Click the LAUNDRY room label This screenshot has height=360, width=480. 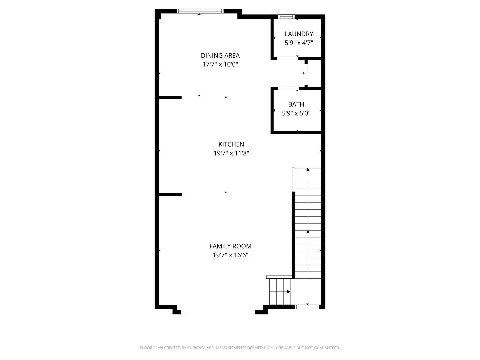click(299, 34)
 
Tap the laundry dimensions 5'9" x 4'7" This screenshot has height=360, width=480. click(299, 43)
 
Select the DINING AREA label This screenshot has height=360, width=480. click(220, 55)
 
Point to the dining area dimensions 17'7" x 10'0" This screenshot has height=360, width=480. click(220, 64)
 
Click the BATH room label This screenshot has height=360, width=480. click(296, 104)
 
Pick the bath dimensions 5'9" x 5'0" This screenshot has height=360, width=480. click(296, 113)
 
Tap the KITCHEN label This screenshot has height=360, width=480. click(231, 144)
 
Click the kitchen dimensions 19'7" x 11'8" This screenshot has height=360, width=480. click(231, 153)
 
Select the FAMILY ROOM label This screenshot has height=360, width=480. click(230, 246)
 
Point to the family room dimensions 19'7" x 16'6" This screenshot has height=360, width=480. click(230, 255)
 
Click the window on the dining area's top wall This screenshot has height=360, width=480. click(200, 11)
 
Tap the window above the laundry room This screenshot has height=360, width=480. click(286, 16)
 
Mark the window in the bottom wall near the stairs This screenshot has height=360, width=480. click(307, 307)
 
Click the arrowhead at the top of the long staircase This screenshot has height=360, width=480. click(308, 170)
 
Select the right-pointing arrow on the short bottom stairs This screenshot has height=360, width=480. click(289, 292)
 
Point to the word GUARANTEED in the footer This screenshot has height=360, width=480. click(327, 348)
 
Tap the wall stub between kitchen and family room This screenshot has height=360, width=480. click(170, 195)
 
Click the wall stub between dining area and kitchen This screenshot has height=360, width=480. click(170, 98)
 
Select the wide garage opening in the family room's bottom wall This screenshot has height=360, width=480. click(218, 311)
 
